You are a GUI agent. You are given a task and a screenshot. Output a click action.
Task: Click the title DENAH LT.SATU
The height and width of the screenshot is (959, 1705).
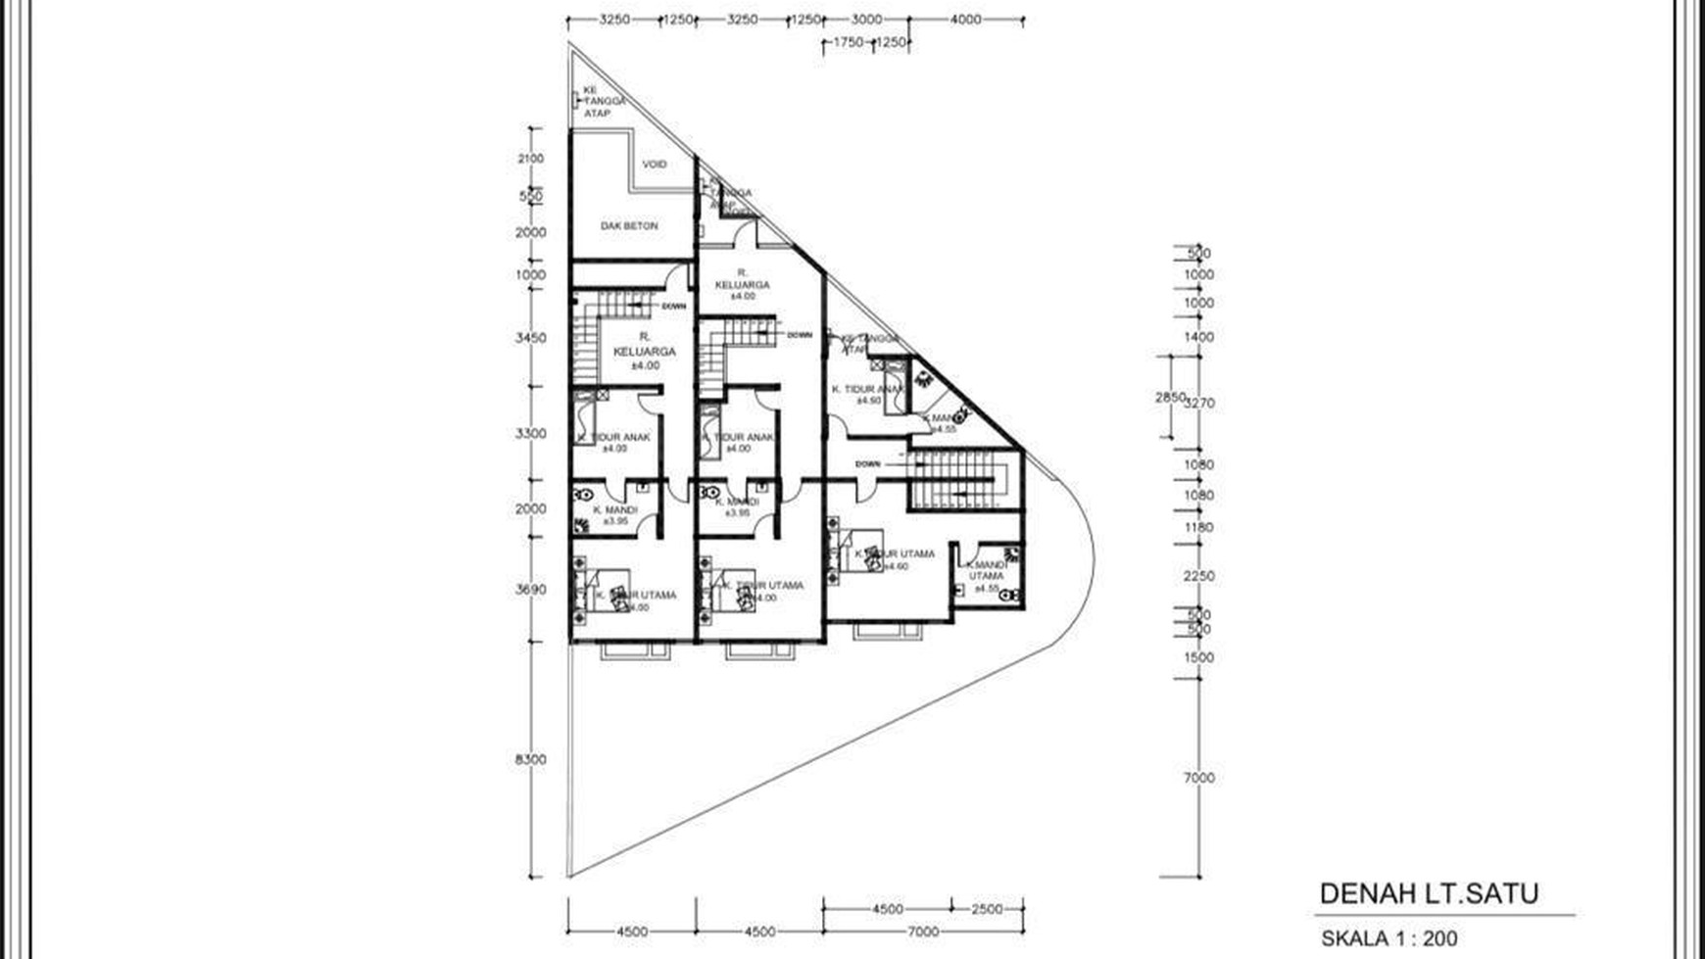point(1429,893)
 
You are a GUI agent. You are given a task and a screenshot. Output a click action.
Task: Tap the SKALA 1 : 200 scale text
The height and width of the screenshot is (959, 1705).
point(1388,938)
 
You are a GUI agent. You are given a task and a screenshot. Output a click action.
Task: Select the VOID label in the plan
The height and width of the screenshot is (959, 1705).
point(654,164)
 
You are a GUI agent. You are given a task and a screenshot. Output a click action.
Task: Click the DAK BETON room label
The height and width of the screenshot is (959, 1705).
point(629,225)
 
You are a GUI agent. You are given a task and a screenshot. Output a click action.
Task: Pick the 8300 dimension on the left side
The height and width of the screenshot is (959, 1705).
point(530,759)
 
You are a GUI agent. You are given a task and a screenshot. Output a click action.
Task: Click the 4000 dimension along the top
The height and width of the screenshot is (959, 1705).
point(965,19)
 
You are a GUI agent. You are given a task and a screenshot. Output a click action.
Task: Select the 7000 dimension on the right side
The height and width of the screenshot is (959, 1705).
point(1198,778)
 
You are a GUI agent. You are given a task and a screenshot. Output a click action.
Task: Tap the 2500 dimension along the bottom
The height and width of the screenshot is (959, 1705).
point(987,909)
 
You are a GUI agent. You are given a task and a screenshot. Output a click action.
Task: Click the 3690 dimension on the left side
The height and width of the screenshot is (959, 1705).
point(530,590)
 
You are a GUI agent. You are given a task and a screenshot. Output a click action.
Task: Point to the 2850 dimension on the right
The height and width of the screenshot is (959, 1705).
point(1170,397)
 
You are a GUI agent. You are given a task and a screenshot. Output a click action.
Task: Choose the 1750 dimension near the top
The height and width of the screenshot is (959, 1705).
point(848,42)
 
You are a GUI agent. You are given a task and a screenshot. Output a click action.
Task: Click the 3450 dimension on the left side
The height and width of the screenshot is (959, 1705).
point(530,338)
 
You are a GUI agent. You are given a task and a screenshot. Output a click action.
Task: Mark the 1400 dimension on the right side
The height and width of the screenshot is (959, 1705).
point(1198,337)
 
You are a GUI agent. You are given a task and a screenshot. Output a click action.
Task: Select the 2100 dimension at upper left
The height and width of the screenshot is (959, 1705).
point(530,159)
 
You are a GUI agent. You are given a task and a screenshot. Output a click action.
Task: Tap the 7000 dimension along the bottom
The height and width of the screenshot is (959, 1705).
point(922,932)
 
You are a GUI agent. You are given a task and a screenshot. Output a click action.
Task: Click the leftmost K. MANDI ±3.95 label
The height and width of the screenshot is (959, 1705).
point(614,515)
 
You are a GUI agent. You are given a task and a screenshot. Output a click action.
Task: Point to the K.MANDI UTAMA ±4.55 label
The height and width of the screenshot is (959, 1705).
point(986,576)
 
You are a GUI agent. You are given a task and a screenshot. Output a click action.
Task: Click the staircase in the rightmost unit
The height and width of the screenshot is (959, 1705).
point(956,480)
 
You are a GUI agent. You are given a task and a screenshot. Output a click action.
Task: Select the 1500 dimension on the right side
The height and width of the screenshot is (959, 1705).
point(1198,657)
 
